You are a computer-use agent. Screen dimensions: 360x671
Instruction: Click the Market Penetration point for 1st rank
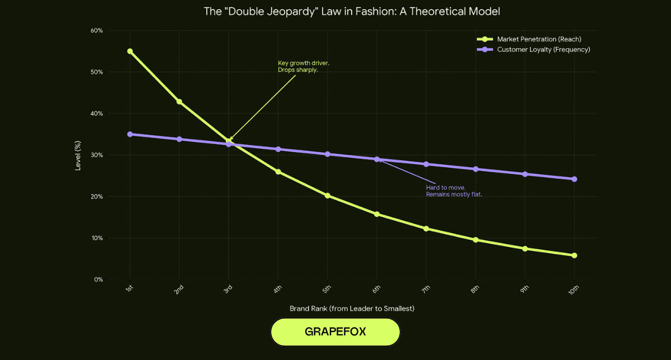pos(130,51)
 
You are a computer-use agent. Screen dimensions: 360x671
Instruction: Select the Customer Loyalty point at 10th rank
pos(574,179)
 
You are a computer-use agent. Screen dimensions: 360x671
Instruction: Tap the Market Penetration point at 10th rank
pos(574,255)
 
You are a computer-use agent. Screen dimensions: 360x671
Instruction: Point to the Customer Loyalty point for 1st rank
pos(130,134)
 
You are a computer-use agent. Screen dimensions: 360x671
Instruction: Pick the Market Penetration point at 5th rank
pos(327,196)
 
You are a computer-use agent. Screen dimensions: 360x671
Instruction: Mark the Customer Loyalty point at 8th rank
pos(475,169)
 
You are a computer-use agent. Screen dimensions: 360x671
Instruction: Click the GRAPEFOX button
pos(335,331)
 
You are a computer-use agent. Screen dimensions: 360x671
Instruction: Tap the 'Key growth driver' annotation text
pos(304,67)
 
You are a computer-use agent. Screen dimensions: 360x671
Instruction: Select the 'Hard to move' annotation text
pos(453,191)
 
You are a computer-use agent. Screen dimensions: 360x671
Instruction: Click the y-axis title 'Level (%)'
pos(79,155)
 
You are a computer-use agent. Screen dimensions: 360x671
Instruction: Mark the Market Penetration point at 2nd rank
pos(179,102)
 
